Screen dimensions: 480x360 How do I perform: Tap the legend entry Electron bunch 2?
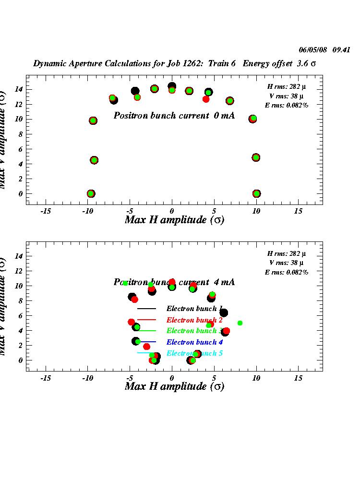pos(194,320)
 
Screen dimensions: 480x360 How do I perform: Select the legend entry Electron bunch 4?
pos(194,342)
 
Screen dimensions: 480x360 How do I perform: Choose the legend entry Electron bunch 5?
pos(194,353)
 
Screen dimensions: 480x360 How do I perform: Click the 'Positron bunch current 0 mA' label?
pos(174,115)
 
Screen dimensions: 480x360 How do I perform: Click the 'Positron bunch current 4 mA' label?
pos(174,282)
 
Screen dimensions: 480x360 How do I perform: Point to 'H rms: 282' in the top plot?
pos(287,86)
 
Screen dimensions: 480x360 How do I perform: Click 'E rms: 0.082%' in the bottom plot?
pos(287,272)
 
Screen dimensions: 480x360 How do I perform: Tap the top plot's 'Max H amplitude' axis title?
pos(174,220)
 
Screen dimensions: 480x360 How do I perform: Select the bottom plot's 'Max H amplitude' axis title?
pos(174,386)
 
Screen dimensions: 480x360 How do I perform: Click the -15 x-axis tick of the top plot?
pos(46,211)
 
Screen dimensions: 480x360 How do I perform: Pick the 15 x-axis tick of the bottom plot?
pos(298,378)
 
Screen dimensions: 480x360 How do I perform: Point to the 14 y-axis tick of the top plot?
pos(19,89)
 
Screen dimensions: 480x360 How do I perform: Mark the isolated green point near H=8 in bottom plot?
pos(240,323)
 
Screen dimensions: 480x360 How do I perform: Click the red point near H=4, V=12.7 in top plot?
pos(206,99)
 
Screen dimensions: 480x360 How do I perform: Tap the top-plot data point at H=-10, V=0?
pos(91,194)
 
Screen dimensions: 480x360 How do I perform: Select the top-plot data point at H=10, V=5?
pos(256,157)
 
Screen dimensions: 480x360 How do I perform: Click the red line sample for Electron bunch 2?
pos(147,320)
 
